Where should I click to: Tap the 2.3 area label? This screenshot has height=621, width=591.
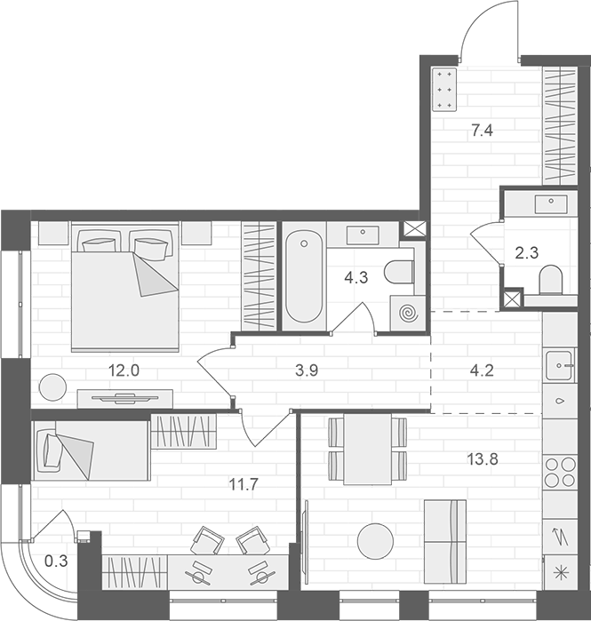coord(526,251)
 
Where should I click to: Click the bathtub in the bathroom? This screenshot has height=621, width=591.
coord(304,276)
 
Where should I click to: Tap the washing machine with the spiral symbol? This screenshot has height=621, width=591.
coord(408,314)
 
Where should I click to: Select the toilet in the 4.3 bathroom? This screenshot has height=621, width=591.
coord(401,272)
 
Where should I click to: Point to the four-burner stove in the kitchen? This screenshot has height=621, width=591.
coord(560,473)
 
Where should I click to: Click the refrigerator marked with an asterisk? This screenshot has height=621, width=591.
coord(560,573)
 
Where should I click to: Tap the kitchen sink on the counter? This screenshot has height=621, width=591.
coord(560,363)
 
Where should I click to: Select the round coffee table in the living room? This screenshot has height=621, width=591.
coord(375,541)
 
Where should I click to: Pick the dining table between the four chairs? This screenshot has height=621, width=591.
coord(368,450)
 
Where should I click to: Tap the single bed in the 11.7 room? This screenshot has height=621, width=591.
coord(90,450)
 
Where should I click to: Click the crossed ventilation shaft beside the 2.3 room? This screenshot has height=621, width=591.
coord(513,299)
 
